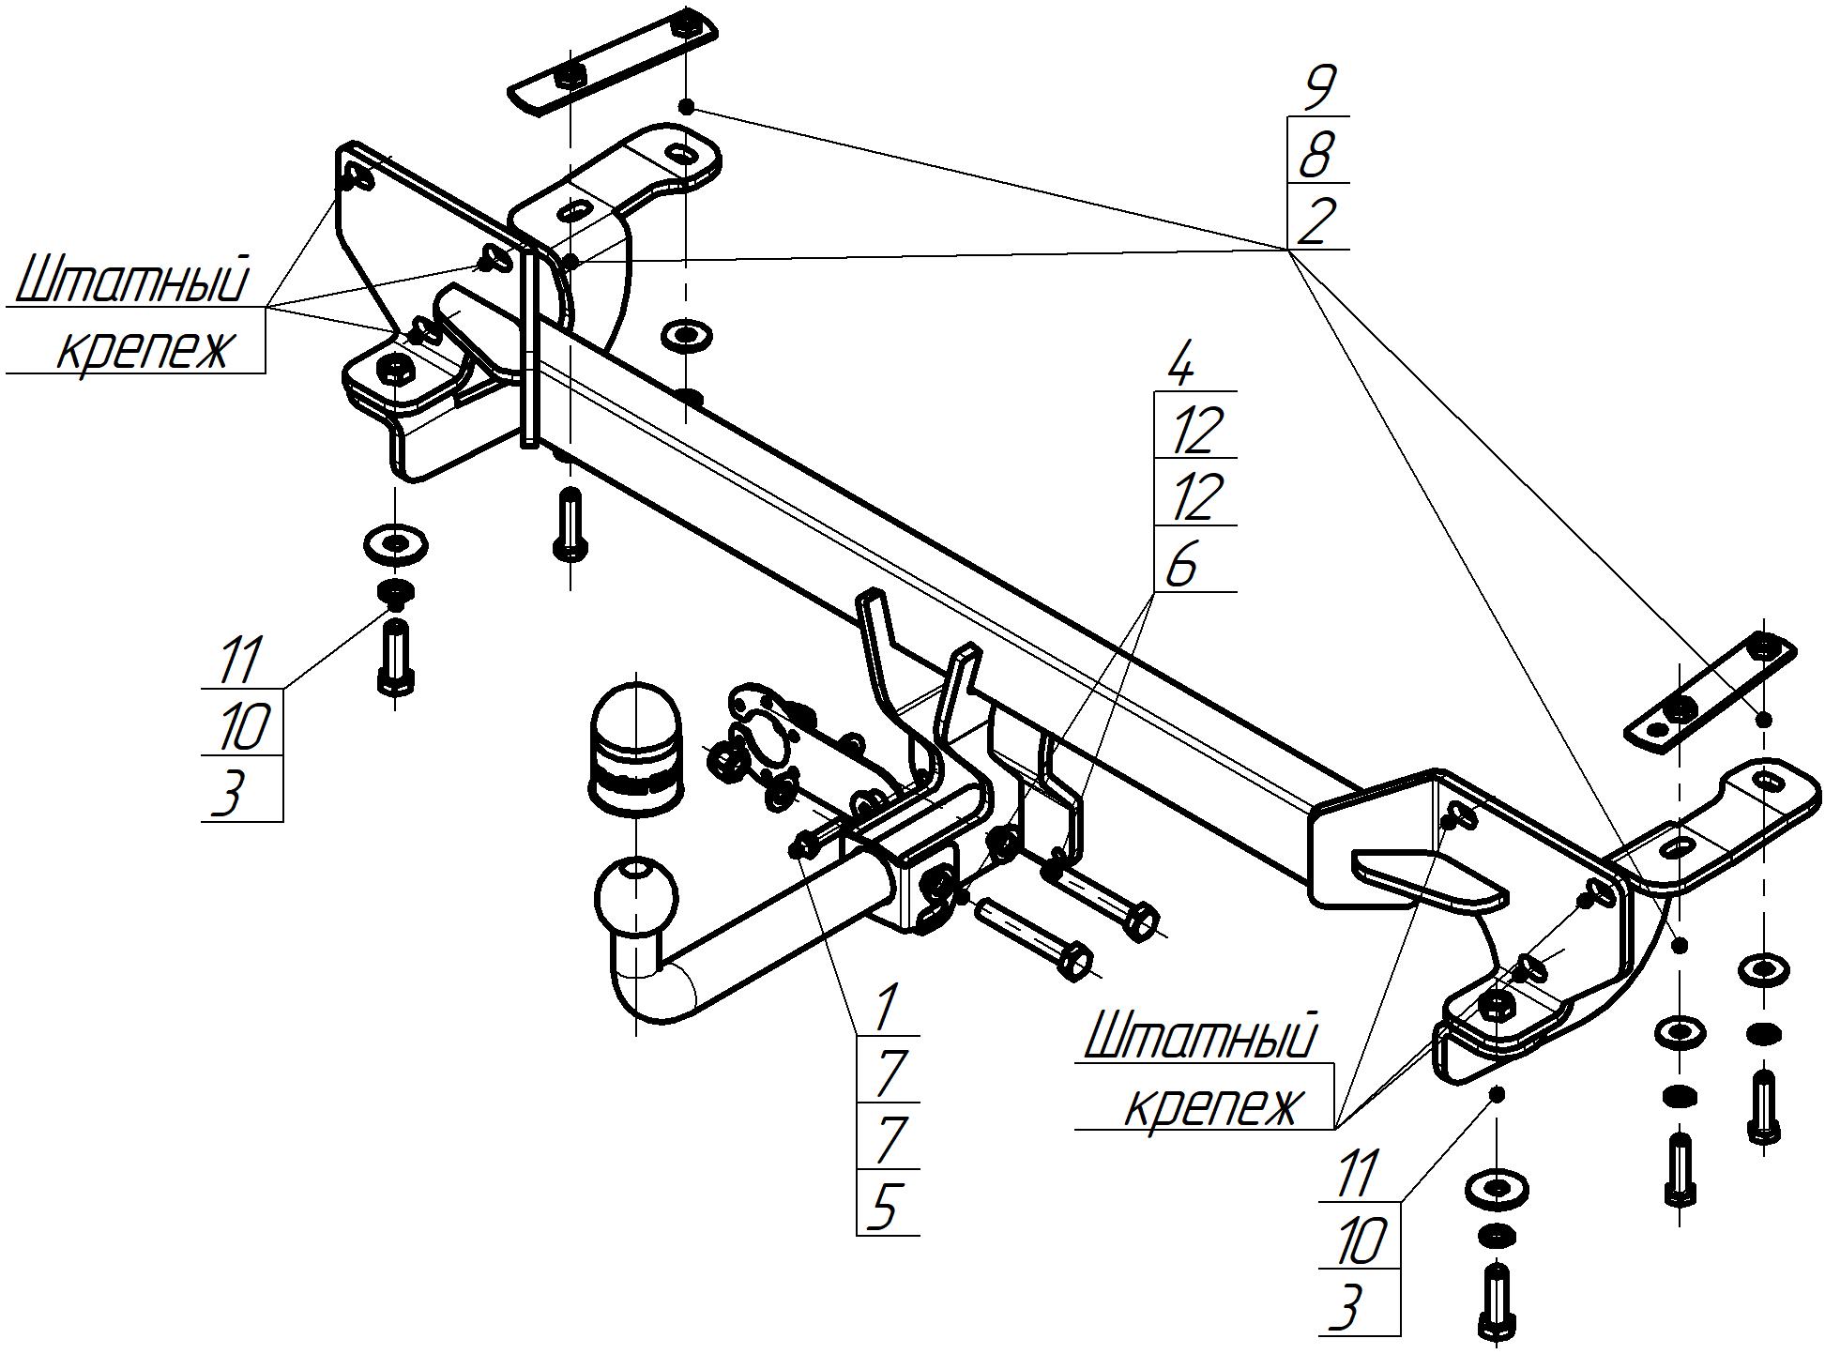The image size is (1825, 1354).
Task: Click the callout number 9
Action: click(x=1318, y=90)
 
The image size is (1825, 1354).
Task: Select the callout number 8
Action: click(x=1316, y=156)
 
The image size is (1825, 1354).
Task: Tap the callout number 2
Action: click(x=1316, y=222)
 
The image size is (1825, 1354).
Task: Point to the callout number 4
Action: click(x=1181, y=367)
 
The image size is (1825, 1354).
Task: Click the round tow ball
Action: click(x=636, y=897)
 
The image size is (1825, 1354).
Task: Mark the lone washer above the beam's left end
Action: click(x=686, y=334)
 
